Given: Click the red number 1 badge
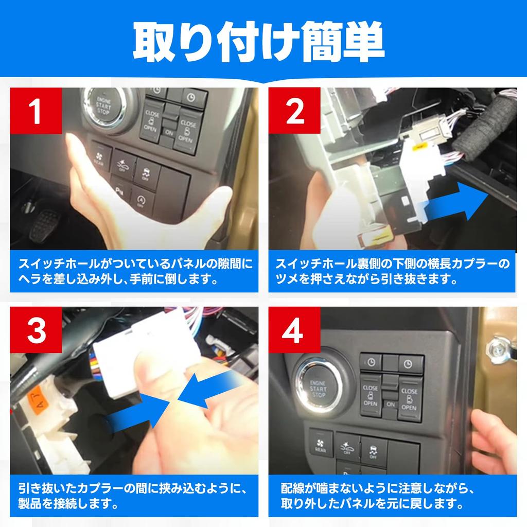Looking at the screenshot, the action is [x=36, y=111].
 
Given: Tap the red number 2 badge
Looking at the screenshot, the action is [x=294, y=111].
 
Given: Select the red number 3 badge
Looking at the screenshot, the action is [x=36, y=330].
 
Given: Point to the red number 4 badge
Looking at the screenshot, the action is [x=294, y=330].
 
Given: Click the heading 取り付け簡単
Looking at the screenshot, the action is [x=258, y=42].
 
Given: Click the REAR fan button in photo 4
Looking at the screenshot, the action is [x=321, y=443].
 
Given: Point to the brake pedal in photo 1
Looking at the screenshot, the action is [x=44, y=226].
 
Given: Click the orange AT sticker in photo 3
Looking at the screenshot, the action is [x=38, y=398].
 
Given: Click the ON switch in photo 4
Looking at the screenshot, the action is [x=390, y=404].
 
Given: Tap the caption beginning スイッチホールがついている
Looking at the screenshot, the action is [x=134, y=271].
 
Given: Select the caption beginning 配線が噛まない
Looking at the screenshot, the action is [x=376, y=496].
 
